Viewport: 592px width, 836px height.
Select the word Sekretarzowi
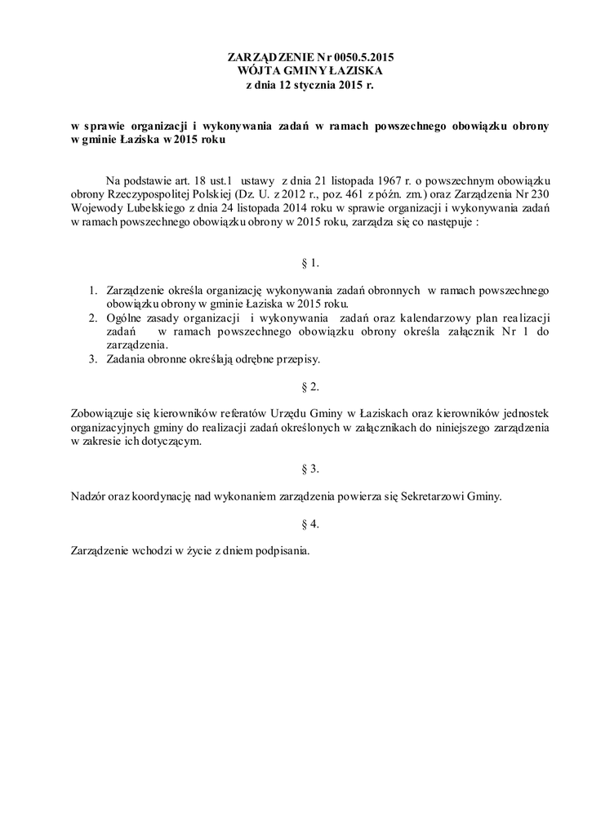coord(438,496)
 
